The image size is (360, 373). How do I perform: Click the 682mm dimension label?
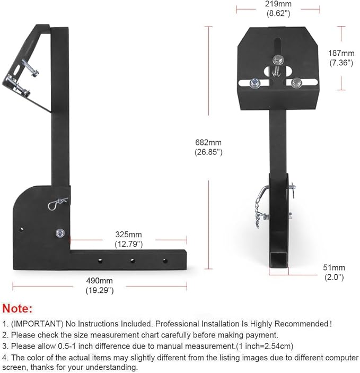207,142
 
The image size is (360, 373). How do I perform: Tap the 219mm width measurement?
278,3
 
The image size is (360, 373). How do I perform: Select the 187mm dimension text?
341,53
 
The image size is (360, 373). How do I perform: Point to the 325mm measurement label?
128,234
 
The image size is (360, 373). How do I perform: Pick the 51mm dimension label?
335,267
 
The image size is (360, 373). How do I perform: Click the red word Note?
17,308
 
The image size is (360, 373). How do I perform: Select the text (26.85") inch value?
207,152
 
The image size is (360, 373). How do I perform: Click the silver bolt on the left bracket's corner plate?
59,232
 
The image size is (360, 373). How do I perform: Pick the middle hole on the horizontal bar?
132,260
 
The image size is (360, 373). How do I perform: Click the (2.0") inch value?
335,277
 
